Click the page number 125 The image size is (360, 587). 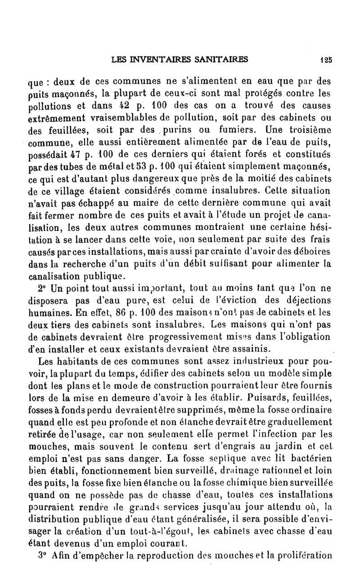pos(326,59)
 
